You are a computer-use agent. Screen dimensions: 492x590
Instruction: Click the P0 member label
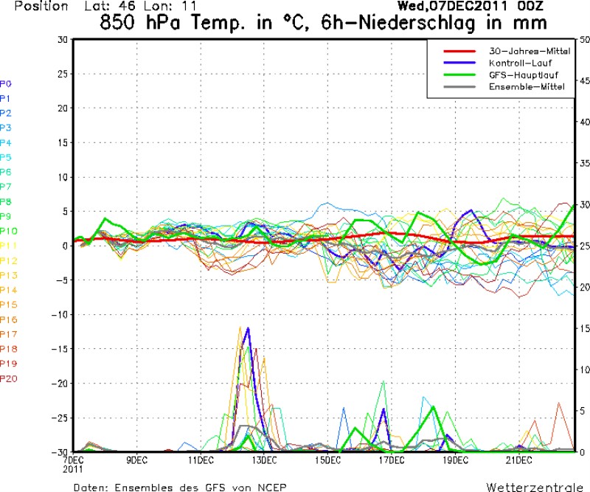(6, 83)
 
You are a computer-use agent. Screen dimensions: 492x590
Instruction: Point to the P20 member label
(8, 378)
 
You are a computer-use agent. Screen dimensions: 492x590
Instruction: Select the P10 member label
(8, 231)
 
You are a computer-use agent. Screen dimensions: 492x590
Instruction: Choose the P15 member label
(8, 305)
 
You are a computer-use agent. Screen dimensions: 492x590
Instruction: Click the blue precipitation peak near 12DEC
(249, 328)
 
